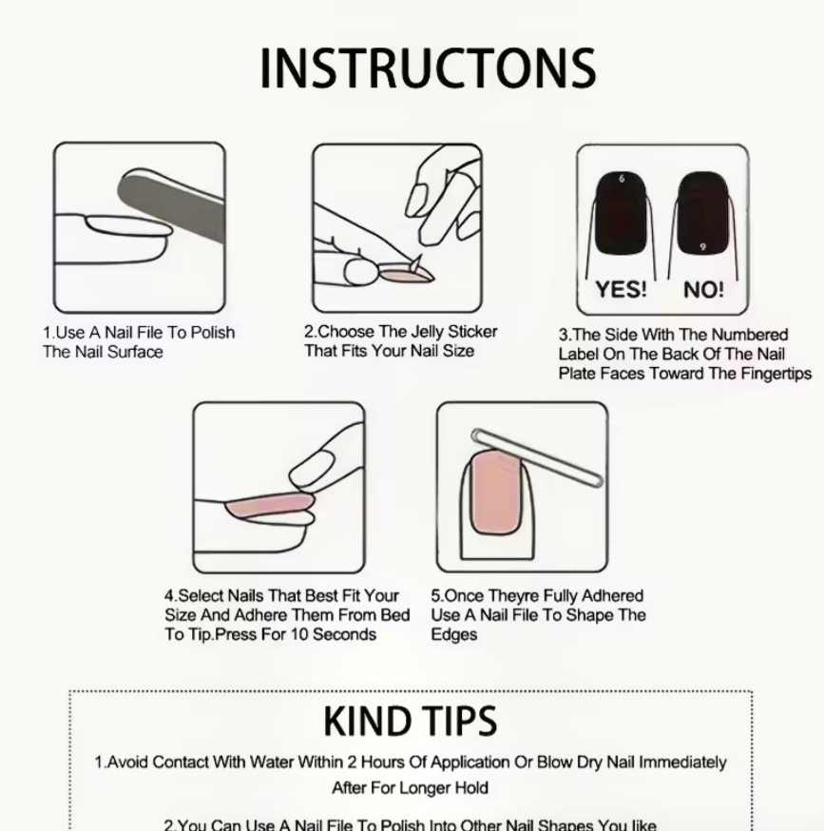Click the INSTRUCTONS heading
[428, 68]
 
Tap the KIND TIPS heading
[411, 722]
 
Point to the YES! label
[621, 289]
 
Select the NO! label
[703, 289]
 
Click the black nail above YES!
[621, 213]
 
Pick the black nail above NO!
[702, 213]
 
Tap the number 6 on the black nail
[622, 179]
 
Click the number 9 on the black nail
[702, 247]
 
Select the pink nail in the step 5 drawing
[495, 493]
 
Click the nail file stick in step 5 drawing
[537, 458]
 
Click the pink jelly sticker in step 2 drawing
[406, 275]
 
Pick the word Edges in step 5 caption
[453, 635]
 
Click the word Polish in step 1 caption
[213, 332]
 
